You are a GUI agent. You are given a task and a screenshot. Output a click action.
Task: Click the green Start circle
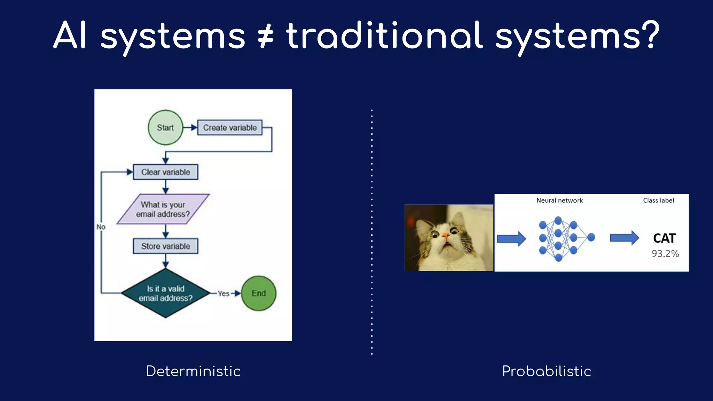[165, 127]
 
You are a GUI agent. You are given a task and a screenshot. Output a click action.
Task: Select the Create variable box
[230, 127]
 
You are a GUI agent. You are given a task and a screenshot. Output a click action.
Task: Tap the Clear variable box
[165, 172]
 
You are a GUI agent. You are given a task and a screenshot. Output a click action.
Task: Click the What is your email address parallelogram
[163, 209]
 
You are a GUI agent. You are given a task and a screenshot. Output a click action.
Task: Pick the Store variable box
[165, 246]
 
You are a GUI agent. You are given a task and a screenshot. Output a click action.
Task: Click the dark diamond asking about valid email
[165, 293]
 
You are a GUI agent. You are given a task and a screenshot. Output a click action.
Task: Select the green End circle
[258, 293]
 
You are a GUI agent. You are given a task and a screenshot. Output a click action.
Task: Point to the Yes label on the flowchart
[223, 293]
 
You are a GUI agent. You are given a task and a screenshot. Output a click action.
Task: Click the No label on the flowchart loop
[101, 227]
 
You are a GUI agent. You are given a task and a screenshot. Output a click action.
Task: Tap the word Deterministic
[193, 371]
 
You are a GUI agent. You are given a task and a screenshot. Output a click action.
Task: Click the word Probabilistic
[546, 371]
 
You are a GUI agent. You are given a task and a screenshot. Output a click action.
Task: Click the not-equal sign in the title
[265, 36]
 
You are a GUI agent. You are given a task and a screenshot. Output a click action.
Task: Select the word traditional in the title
[384, 36]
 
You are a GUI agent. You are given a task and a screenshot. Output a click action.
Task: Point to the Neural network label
[559, 200]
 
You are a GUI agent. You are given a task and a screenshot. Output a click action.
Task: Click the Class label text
[658, 200]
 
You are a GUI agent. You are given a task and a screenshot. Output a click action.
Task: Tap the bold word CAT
[664, 238]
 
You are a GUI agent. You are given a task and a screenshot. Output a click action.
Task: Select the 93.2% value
[665, 254]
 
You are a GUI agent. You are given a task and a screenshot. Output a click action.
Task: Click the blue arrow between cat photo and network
[511, 239]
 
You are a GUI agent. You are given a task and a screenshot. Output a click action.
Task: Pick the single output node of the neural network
[591, 237]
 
